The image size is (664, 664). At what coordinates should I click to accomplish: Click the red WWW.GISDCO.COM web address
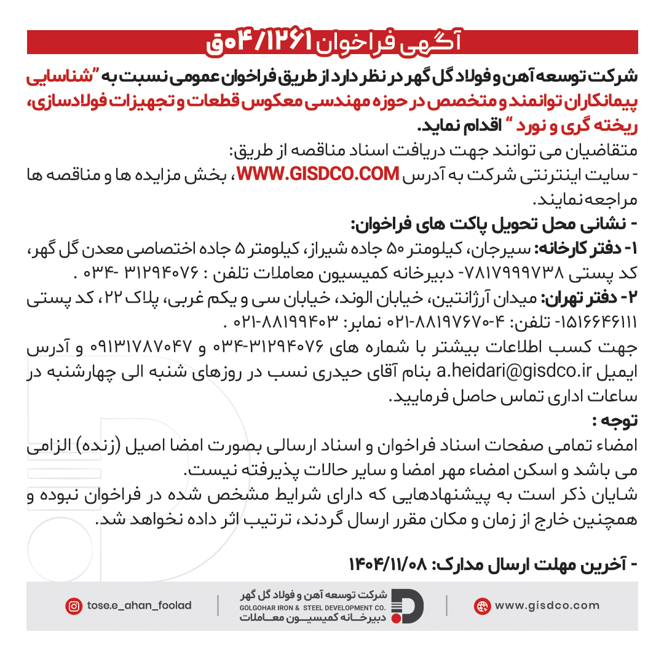pos(318,175)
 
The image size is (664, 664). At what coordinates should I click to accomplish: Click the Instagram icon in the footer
pos(74,606)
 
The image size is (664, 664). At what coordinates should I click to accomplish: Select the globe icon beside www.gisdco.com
pos(482,606)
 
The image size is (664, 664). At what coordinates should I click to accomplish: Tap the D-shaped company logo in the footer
pos(408,606)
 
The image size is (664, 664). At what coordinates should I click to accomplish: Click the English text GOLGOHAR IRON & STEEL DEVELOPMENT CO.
pos(313,606)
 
